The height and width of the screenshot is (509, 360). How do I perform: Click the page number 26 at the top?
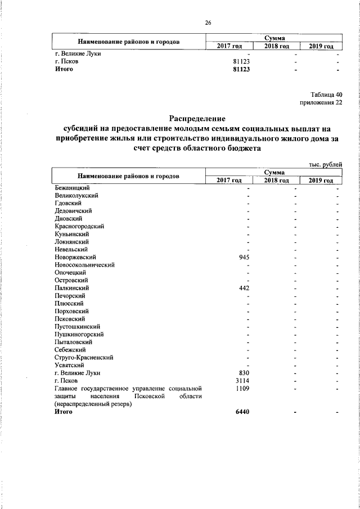point(208,22)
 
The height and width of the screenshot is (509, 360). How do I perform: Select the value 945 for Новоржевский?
point(244,257)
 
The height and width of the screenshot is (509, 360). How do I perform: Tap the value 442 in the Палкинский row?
point(244,288)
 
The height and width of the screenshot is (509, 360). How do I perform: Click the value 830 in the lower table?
point(244,372)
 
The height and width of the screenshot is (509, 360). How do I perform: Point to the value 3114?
point(242,380)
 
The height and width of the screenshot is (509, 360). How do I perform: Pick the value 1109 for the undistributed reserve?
point(242,388)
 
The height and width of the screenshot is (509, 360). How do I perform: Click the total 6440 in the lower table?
point(241,412)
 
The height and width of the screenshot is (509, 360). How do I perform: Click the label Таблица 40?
point(326,94)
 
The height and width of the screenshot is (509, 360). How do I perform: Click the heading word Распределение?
point(197,119)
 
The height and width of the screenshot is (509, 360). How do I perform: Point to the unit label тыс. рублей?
point(326,164)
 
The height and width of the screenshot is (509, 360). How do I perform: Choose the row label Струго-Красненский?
point(84,357)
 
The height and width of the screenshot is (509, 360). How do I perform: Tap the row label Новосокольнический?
point(85,265)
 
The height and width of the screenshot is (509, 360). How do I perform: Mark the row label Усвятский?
point(70,365)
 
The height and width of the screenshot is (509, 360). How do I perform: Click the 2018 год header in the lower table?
point(276,180)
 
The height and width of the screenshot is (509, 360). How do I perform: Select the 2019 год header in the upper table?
point(321,46)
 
